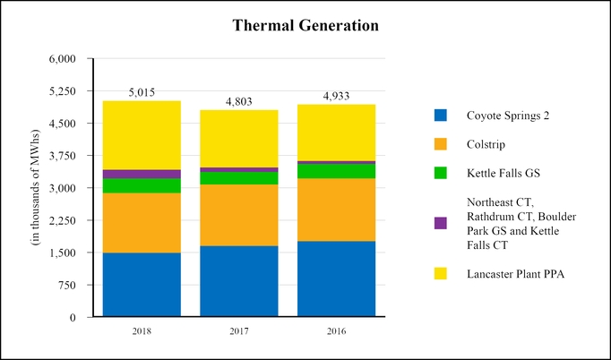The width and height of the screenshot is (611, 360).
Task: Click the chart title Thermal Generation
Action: point(305,26)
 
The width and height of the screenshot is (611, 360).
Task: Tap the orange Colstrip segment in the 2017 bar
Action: point(238,215)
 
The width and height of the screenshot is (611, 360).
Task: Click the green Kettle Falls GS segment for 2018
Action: point(142,185)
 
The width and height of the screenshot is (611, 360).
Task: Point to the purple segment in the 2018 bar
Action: point(142,174)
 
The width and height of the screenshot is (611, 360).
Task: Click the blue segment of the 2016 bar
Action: point(336,279)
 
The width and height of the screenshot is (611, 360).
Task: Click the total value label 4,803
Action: point(238,102)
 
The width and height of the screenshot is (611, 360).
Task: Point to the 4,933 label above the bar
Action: point(336,96)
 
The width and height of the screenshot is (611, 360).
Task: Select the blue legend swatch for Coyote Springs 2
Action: point(440,115)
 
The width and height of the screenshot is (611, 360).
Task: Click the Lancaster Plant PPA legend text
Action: point(515,274)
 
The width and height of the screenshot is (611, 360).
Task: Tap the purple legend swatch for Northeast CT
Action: point(440,223)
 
